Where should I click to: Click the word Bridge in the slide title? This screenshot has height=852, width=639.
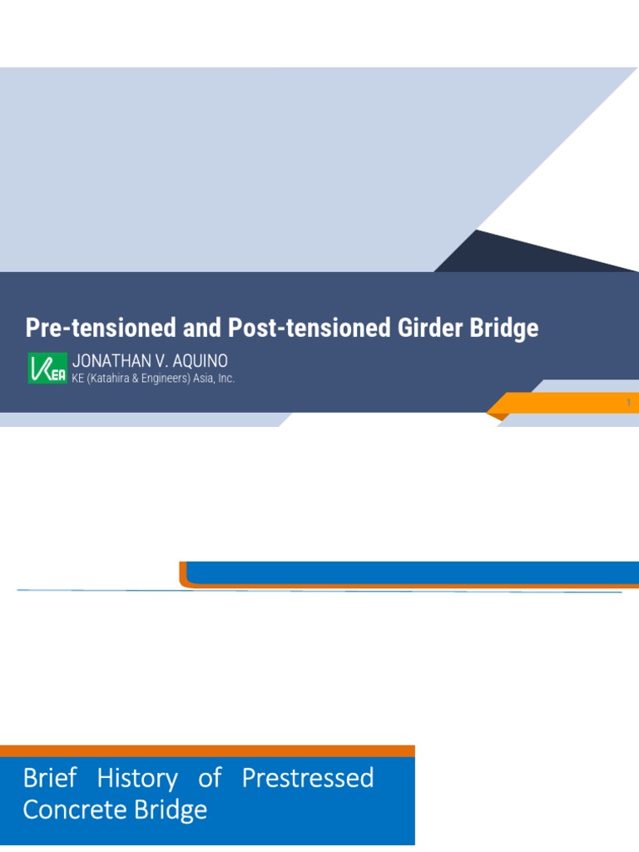click(x=504, y=328)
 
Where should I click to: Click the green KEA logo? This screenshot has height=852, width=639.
click(x=47, y=368)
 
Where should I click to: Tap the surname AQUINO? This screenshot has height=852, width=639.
click(x=200, y=361)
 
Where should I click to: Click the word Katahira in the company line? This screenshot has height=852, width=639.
click(x=115, y=379)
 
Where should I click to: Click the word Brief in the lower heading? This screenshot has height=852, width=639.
click(x=49, y=779)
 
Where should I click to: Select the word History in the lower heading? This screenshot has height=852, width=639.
click(x=137, y=779)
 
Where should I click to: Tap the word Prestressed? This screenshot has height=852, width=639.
click(x=307, y=779)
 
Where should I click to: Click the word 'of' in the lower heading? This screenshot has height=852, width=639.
click(x=210, y=779)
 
